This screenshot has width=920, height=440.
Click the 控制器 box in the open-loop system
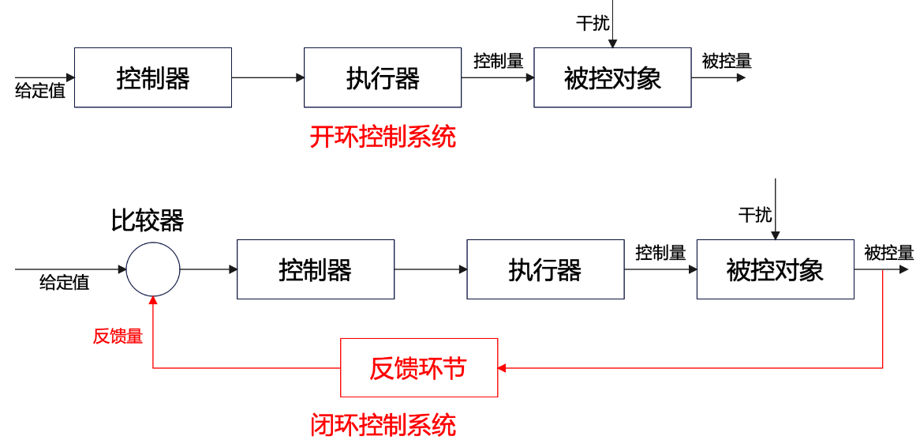(152, 77)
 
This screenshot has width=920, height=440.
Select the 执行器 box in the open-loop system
(383, 77)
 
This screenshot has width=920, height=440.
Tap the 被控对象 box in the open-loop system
(612, 77)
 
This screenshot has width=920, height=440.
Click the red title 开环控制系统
(383, 137)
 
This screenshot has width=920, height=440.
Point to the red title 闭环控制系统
(383, 425)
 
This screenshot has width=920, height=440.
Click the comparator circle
(153, 269)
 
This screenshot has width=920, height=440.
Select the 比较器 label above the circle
(148, 221)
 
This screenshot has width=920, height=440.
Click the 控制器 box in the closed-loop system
(316, 269)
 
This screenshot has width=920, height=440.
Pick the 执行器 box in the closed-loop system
(545, 269)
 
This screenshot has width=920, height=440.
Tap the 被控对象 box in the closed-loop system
(775, 269)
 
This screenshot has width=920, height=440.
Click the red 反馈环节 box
(419, 367)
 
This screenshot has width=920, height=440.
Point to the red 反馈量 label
(118, 336)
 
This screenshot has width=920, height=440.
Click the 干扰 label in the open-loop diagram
(593, 24)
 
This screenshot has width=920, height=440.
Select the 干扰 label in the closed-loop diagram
(755, 214)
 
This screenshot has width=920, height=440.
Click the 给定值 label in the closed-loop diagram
(65, 282)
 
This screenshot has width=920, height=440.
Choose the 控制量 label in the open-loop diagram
(498, 61)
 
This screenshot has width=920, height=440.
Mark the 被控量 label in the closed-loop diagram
(888, 253)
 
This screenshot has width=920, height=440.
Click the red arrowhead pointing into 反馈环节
(503, 367)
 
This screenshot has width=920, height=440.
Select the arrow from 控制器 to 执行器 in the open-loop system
(267, 77)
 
